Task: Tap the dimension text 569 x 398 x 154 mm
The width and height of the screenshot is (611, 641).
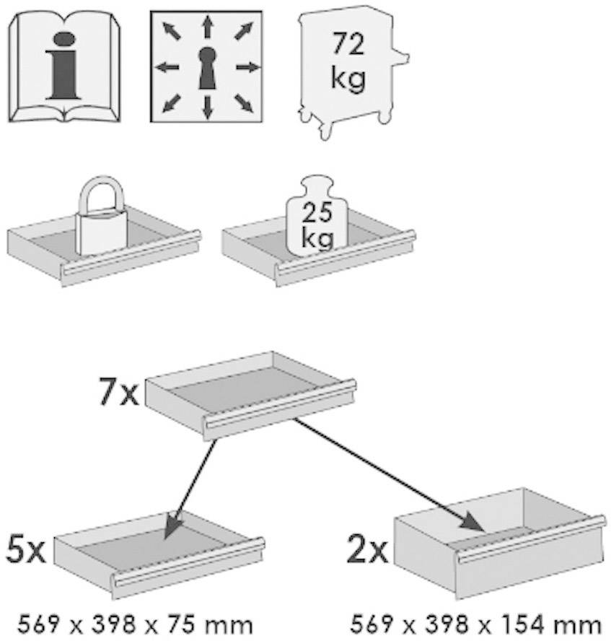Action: pos(474,623)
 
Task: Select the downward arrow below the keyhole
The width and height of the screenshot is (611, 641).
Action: pos(208,107)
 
